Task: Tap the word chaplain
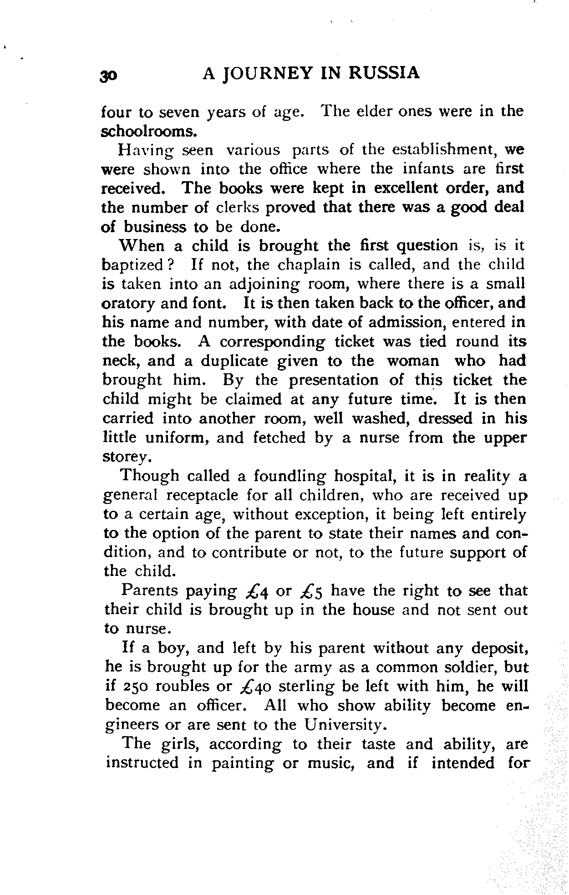click(x=310, y=265)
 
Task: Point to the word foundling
click(x=290, y=476)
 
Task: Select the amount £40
click(x=254, y=687)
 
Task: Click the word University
click(x=342, y=725)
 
